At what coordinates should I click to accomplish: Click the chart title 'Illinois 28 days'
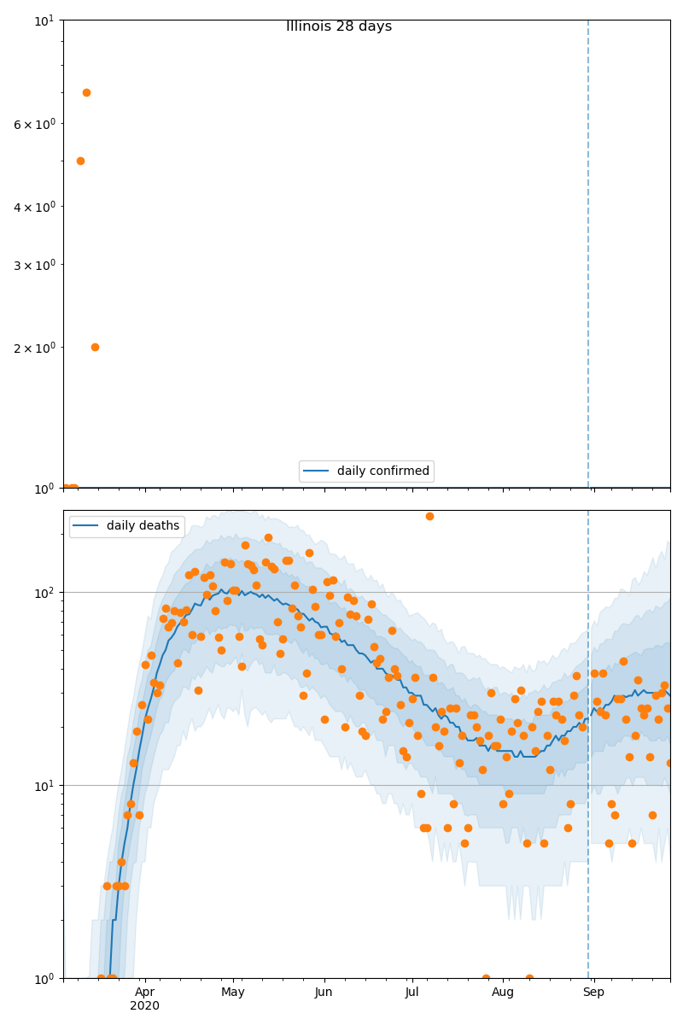pyautogui.click(x=339, y=26)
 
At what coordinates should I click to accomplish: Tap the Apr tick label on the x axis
pyautogui.click(x=145, y=992)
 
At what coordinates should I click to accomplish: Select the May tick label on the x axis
pyautogui.click(x=233, y=992)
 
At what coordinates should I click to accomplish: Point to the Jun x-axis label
pyautogui.click(x=324, y=992)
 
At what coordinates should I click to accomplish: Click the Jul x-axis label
pyautogui.click(x=412, y=992)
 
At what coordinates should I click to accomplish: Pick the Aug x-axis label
pyautogui.click(x=503, y=992)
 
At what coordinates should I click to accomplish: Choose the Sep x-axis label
pyautogui.click(x=593, y=992)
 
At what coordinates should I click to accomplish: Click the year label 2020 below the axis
pyautogui.click(x=145, y=1006)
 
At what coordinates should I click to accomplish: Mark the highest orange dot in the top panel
pyautogui.click(x=86, y=92)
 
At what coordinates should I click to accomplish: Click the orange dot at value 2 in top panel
pyautogui.click(x=95, y=347)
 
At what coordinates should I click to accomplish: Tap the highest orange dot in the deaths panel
pyautogui.click(x=429, y=516)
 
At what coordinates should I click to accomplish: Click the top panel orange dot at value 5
pyautogui.click(x=80, y=161)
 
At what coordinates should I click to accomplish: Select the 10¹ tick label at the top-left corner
pyautogui.click(x=44, y=20)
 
